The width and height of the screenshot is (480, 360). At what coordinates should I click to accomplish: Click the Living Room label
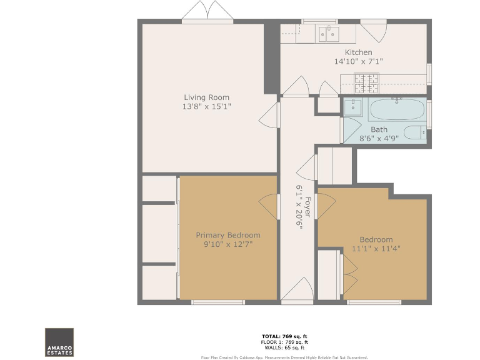[206, 97]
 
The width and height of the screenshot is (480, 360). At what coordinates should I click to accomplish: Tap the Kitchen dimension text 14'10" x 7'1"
[358, 62]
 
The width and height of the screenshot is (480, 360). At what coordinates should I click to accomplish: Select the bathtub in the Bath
[397, 109]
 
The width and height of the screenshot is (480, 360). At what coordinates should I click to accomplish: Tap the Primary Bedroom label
[227, 236]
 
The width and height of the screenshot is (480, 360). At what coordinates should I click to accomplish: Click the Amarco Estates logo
[59, 342]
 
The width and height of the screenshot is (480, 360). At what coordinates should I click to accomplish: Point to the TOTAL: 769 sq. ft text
[284, 336]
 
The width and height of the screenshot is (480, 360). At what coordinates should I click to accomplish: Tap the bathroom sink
[353, 106]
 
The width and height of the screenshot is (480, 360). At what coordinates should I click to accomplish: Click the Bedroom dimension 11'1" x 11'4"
[376, 248]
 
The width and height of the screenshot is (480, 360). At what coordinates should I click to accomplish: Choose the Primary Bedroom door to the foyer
[269, 206]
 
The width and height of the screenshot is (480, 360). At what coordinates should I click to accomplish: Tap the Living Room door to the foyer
[269, 116]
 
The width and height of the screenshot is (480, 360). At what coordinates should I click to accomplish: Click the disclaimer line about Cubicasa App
[284, 357]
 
